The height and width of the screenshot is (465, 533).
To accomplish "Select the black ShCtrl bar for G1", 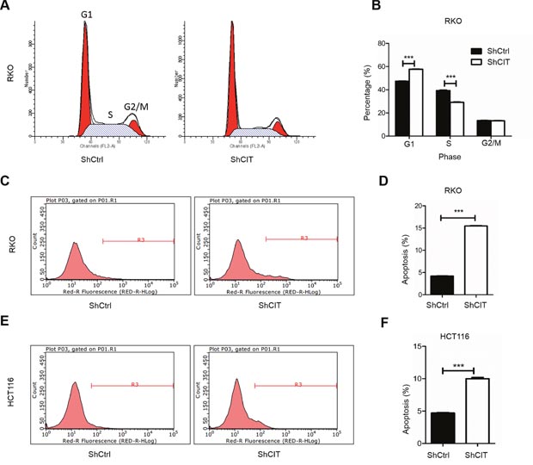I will pyautogui.click(x=401, y=108).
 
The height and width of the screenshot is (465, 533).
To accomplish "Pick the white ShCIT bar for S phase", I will pyautogui.click(x=456, y=118).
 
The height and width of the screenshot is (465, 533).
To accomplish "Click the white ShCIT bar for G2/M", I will pyautogui.click(x=497, y=127).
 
